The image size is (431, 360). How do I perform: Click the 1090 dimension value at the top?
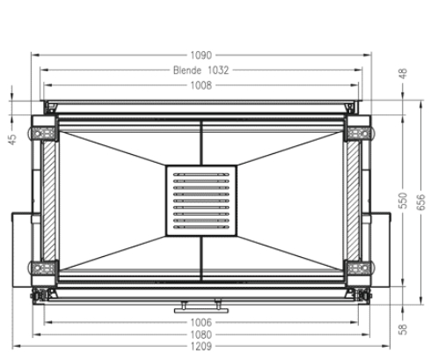(x=202, y=55)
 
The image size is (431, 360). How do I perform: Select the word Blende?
(x=186, y=70)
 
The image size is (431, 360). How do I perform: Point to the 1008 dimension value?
(x=202, y=85)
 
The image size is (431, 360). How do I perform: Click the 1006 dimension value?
(x=202, y=322)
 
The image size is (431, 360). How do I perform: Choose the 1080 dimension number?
(x=202, y=335)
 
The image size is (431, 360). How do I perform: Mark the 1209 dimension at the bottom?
(x=202, y=349)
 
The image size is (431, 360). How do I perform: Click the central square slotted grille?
(x=201, y=201)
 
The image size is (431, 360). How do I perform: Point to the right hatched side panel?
(x=353, y=200)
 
